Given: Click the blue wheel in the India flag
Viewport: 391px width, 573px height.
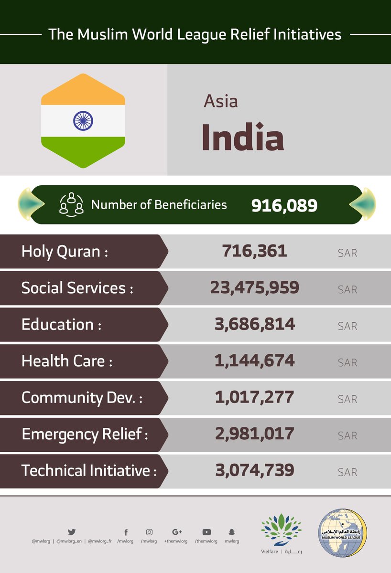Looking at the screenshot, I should click(83, 121).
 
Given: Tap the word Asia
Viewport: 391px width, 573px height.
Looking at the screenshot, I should click(220, 101).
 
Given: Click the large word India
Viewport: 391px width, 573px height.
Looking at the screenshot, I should click(242, 137).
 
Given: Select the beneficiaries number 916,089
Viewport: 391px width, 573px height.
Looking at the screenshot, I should click(284, 205).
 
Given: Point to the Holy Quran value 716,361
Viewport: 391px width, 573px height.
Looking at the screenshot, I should click(254, 251).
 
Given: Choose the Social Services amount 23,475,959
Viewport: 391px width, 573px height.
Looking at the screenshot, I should click(254, 287).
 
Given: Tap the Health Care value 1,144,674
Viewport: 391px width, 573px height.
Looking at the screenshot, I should click(254, 361).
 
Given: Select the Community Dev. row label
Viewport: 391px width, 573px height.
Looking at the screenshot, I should click(81, 398).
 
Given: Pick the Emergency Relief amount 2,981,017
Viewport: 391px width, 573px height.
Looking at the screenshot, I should click(254, 434).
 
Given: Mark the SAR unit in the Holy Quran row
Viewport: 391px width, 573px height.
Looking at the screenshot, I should click(347, 253).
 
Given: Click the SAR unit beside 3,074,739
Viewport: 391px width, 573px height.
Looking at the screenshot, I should click(347, 472).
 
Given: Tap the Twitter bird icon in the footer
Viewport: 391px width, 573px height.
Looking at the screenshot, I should click(72, 531).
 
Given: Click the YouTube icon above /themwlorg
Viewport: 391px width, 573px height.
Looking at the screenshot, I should click(206, 531).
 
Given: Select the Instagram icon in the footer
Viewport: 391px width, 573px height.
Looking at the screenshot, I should click(150, 531).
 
